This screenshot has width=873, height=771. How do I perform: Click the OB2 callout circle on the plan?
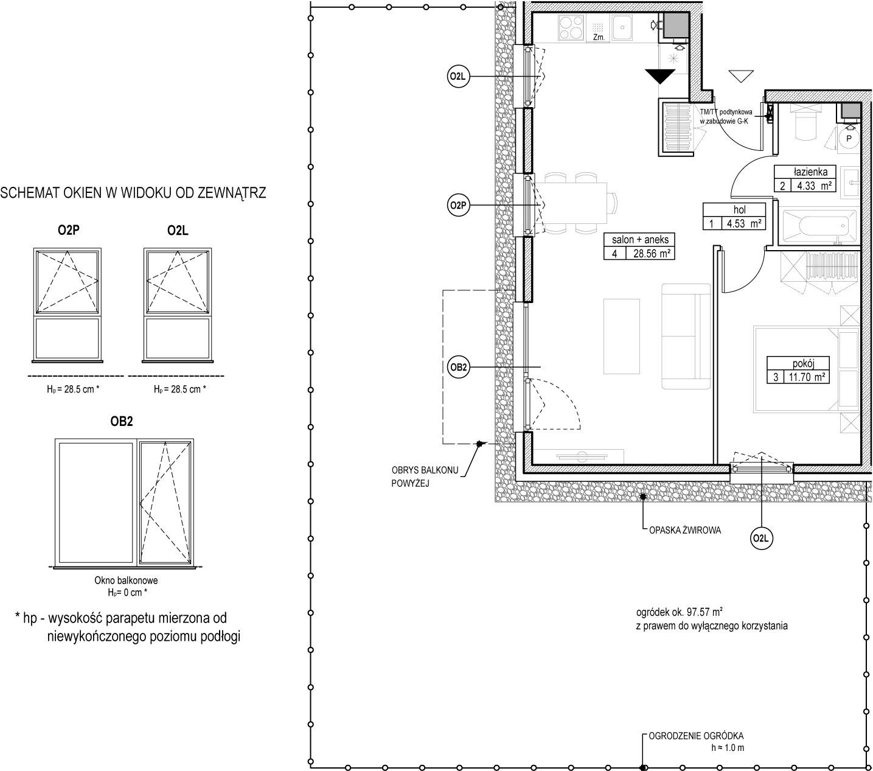click(458, 367)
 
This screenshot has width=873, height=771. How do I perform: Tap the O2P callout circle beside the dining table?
click(458, 206)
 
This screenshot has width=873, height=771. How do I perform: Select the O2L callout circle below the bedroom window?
click(762, 539)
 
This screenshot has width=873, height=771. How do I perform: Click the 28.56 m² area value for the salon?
click(651, 253)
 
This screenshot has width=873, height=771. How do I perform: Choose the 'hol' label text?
click(739, 210)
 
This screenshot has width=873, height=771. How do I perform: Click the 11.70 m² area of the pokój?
click(807, 377)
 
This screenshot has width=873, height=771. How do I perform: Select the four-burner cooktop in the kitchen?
click(571, 27)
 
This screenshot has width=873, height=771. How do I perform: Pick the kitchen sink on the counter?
click(622, 27)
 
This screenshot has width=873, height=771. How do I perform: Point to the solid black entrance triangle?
click(659, 76)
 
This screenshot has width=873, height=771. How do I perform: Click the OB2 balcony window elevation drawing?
click(124, 503)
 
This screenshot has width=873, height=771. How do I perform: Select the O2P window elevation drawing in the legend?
click(68, 304)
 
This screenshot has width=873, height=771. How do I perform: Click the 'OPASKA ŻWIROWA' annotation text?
click(684, 530)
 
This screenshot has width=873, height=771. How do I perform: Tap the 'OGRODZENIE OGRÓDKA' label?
click(696, 736)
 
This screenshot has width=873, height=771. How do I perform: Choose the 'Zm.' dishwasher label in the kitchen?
click(599, 38)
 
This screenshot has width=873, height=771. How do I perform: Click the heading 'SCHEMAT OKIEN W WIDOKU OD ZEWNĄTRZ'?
click(133, 193)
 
